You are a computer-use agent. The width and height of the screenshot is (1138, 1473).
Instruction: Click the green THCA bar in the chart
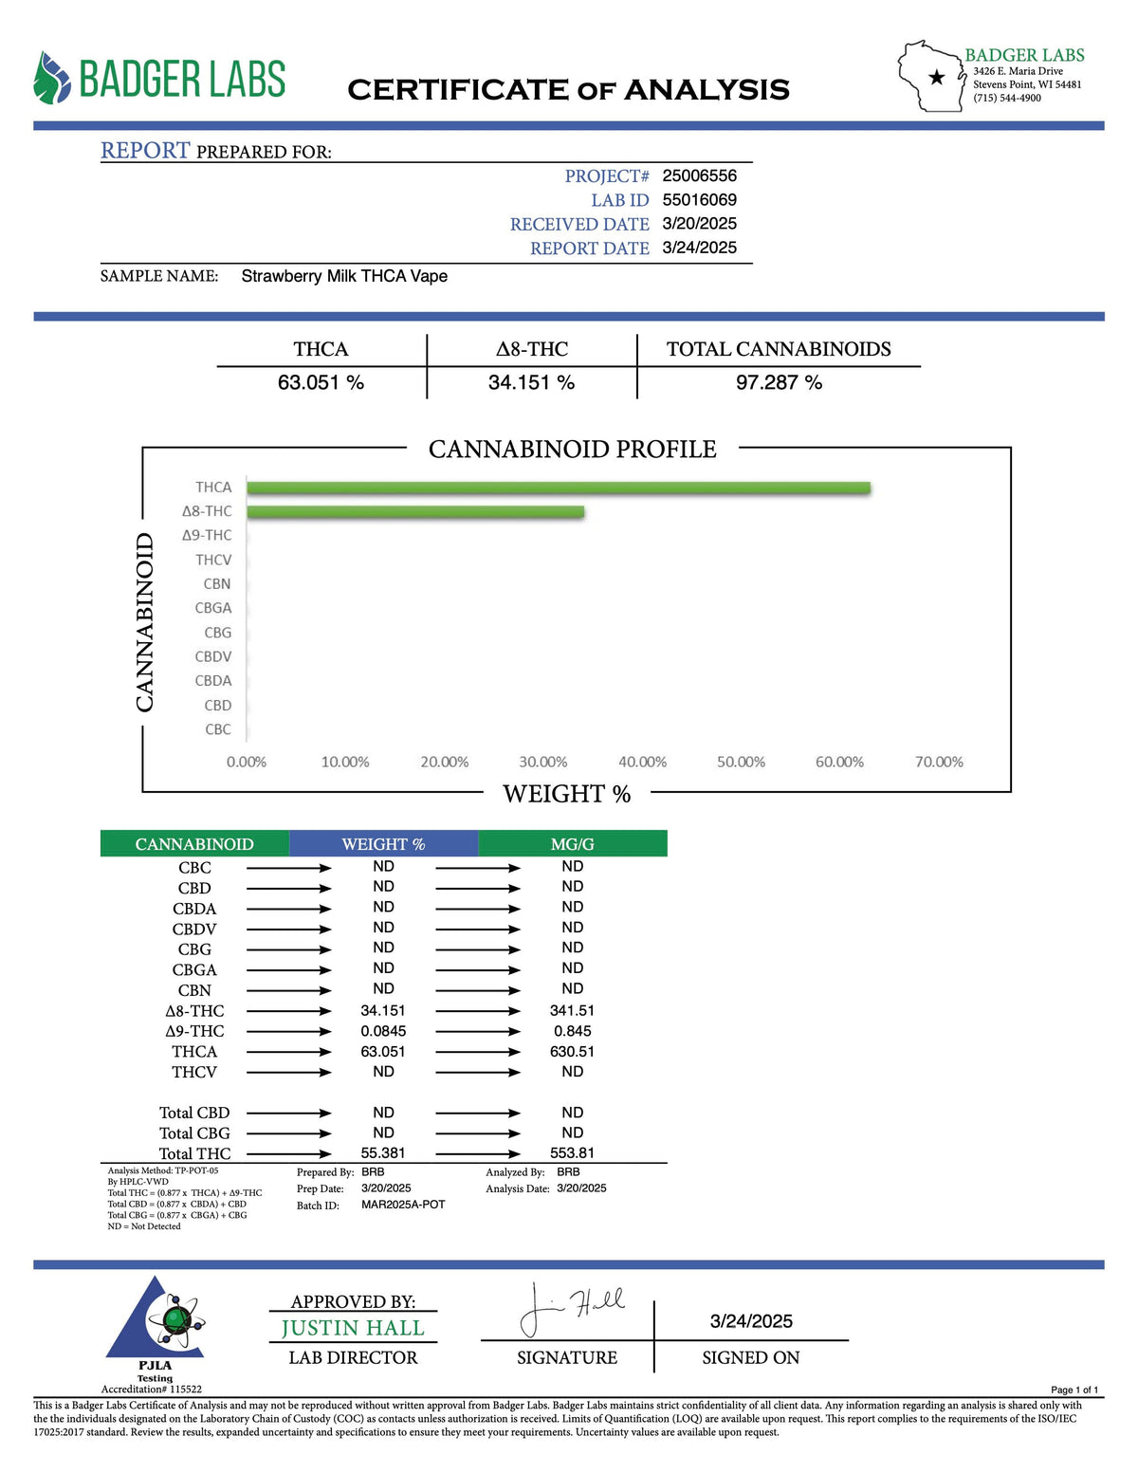559,488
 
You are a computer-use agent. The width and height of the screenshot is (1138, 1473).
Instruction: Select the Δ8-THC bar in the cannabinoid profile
415,512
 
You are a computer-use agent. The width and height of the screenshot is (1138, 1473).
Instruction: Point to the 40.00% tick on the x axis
642,762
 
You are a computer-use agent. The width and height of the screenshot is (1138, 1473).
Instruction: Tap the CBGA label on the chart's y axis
213,608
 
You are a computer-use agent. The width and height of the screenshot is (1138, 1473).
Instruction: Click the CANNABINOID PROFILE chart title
572,449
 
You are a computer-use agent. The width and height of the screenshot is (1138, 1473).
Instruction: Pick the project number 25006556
699,175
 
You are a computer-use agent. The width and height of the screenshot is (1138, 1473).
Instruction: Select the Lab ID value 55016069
699,199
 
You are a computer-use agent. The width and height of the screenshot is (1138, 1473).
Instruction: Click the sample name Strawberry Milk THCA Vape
344,276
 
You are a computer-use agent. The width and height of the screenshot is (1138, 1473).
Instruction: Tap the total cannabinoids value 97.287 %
779,382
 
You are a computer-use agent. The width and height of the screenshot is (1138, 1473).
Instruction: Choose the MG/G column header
572,844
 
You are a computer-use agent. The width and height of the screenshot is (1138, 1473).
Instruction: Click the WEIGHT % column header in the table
383,844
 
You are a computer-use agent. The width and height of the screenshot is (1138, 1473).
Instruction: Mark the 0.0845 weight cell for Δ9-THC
383,1031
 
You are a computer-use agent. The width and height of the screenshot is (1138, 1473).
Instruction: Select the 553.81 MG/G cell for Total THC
572,1153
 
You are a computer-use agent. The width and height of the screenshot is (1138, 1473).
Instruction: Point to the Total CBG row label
194,1133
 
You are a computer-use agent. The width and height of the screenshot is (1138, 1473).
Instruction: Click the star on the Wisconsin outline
937,78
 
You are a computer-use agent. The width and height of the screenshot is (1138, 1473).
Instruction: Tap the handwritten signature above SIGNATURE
570,1308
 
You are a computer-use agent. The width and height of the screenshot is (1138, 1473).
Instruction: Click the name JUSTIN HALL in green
353,1328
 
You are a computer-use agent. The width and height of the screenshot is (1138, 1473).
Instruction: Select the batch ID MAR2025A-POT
403,1205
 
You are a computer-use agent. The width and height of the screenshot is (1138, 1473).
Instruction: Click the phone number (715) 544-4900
1006,98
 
